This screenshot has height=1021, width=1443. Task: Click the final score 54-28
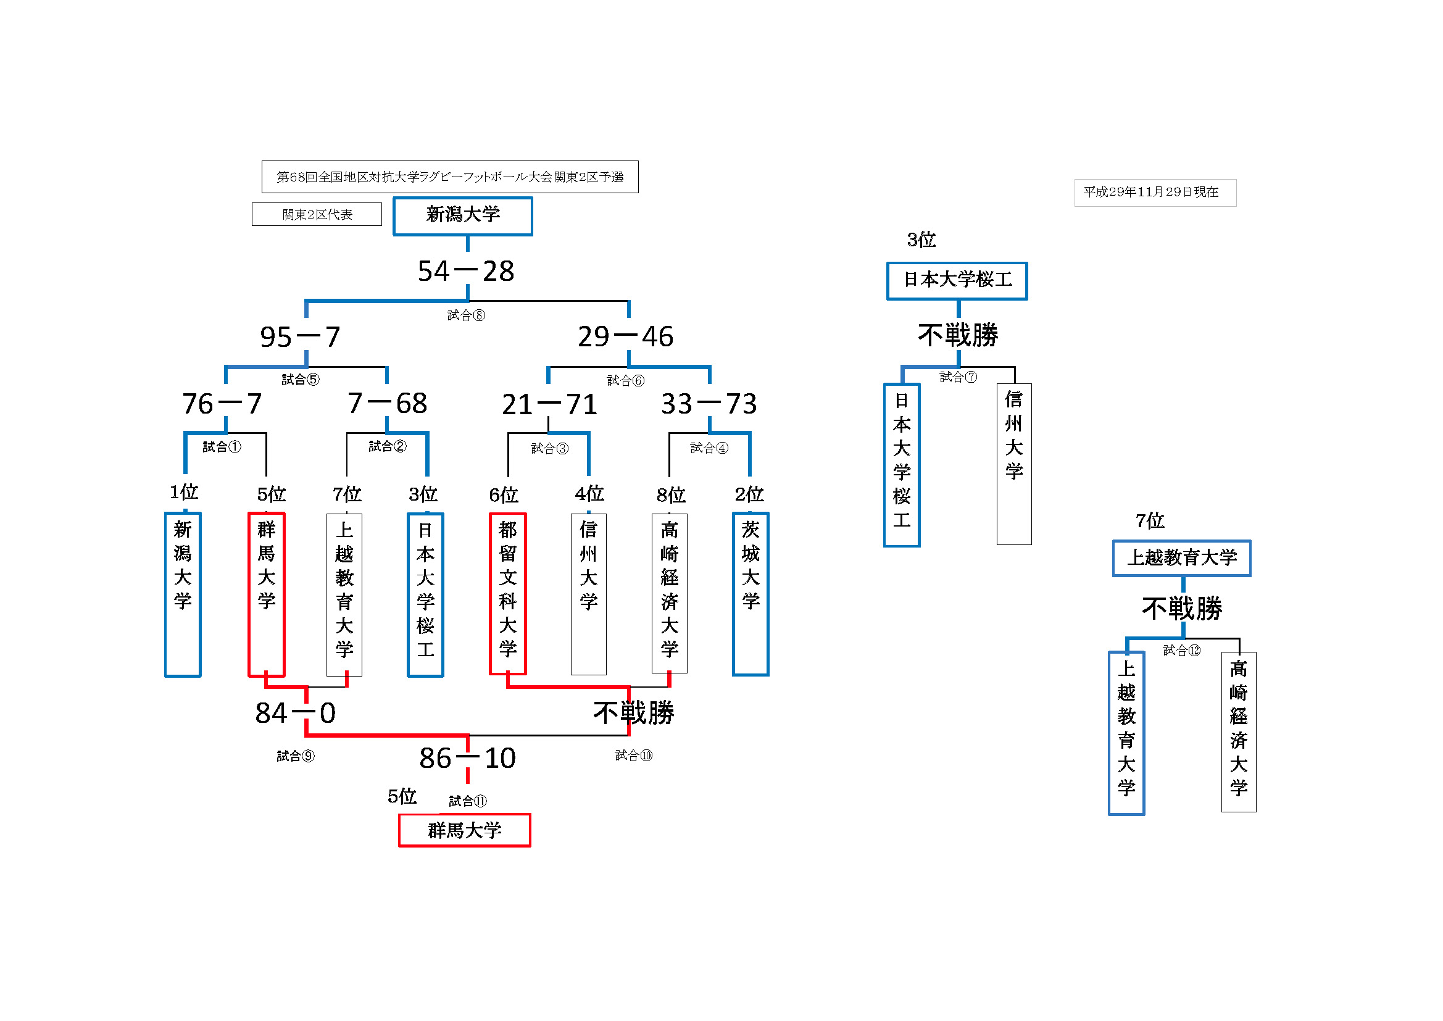(466, 272)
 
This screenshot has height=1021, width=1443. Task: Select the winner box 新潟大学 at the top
(462, 215)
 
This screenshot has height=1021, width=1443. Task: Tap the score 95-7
(301, 337)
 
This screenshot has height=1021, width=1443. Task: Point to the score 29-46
(625, 337)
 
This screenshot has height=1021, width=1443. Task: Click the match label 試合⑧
(466, 315)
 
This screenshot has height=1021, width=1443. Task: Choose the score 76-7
(222, 404)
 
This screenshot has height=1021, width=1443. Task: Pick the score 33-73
(709, 404)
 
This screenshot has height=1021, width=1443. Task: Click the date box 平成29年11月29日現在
(1155, 193)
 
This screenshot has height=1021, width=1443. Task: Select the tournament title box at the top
(449, 177)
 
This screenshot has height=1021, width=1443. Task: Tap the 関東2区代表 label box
(317, 214)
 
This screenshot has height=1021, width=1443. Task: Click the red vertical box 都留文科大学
(508, 593)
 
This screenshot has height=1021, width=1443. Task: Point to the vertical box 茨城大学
(751, 593)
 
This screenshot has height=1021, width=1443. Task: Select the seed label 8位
(671, 496)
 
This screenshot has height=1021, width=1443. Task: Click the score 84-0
(296, 713)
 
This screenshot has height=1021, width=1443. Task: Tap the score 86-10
(467, 758)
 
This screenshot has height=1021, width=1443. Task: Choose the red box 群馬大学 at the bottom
(465, 830)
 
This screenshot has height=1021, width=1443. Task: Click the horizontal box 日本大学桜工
(957, 280)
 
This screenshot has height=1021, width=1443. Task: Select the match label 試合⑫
(1181, 651)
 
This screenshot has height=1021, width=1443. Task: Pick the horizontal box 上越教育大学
(1181, 557)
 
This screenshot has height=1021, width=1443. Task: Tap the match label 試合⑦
(958, 377)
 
